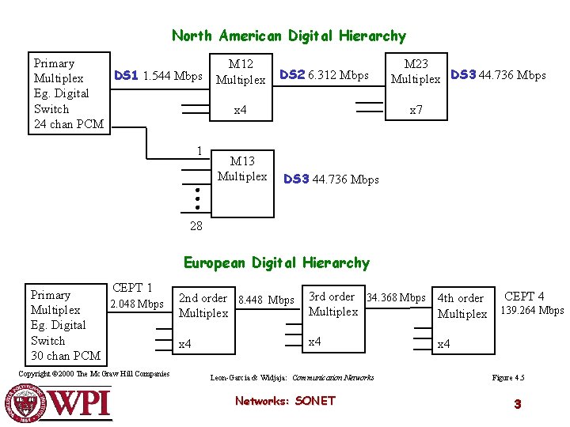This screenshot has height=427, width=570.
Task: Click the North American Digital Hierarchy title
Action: click(x=289, y=36)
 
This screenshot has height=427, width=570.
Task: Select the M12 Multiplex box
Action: click(x=241, y=71)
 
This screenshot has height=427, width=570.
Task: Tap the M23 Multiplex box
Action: click(x=416, y=71)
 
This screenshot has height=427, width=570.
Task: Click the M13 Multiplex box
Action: click(x=241, y=168)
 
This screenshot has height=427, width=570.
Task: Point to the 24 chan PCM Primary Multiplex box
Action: click(x=69, y=93)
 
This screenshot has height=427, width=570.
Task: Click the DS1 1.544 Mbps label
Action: click(x=158, y=76)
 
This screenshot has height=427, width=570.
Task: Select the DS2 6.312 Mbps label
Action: click(x=324, y=75)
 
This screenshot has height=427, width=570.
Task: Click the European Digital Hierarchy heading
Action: click(x=276, y=263)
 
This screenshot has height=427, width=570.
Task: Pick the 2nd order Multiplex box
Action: click(x=203, y=305)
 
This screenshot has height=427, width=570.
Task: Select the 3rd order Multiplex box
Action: click(x=332, y=304)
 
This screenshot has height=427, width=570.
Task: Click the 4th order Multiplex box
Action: click(x=462, y=306)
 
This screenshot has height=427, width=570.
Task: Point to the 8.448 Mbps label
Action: click(x=266, y=300)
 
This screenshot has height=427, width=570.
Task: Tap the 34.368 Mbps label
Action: click(x=396, y=298)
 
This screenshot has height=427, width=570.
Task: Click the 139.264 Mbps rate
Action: click(x=531, y=311)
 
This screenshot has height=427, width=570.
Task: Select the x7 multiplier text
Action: click(x=416, y=111)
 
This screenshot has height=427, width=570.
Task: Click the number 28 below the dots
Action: click(x=196, y=226)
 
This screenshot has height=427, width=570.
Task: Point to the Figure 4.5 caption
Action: click(x=508, y=378)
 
